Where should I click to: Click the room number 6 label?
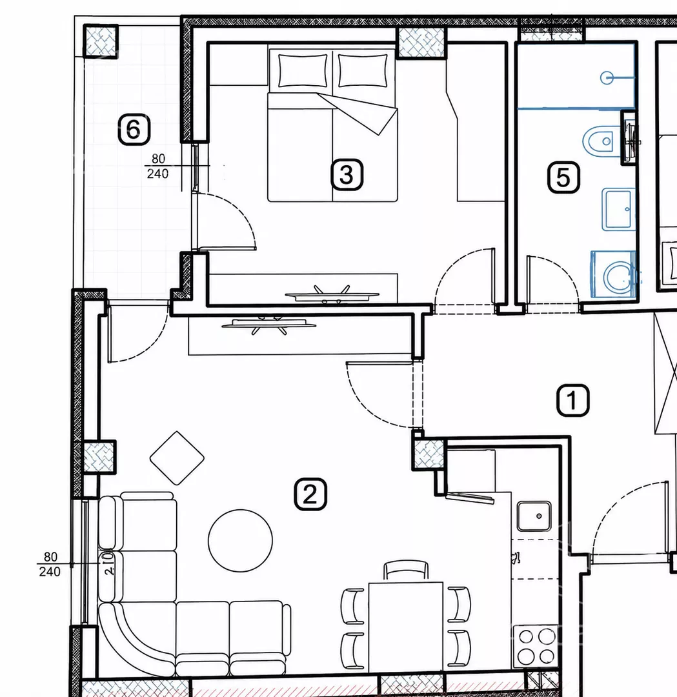click(x=134, y=129)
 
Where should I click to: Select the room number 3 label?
click(x=347, y=175)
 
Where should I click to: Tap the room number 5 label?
click(x=563, y=177)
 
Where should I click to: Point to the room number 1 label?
click(x=573, y=401)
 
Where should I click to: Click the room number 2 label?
click(x=310, y=494)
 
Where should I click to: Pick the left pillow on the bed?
click(x=302, y=71)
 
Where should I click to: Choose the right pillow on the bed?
click(x=363, y=71)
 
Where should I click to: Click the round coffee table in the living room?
click(x=241, y=541)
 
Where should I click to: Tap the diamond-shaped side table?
click(x=177, y=458)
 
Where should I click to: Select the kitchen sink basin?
click(x=534, y=516)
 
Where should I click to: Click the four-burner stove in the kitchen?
click(x=535, y=646)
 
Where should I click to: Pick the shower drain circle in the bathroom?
click(x=606, y=78)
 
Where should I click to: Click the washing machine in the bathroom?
click(x=614, y=274)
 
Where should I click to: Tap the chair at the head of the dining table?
click(x=406, y=571)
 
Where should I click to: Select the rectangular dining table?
click(x=406, y=627)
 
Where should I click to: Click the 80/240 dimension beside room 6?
click(x=158, y=167)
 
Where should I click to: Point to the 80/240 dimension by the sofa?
click(x=50, y=564)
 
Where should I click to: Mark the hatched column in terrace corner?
click(x=101, y=41)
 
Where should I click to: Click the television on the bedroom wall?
click(x=332, y=294)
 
